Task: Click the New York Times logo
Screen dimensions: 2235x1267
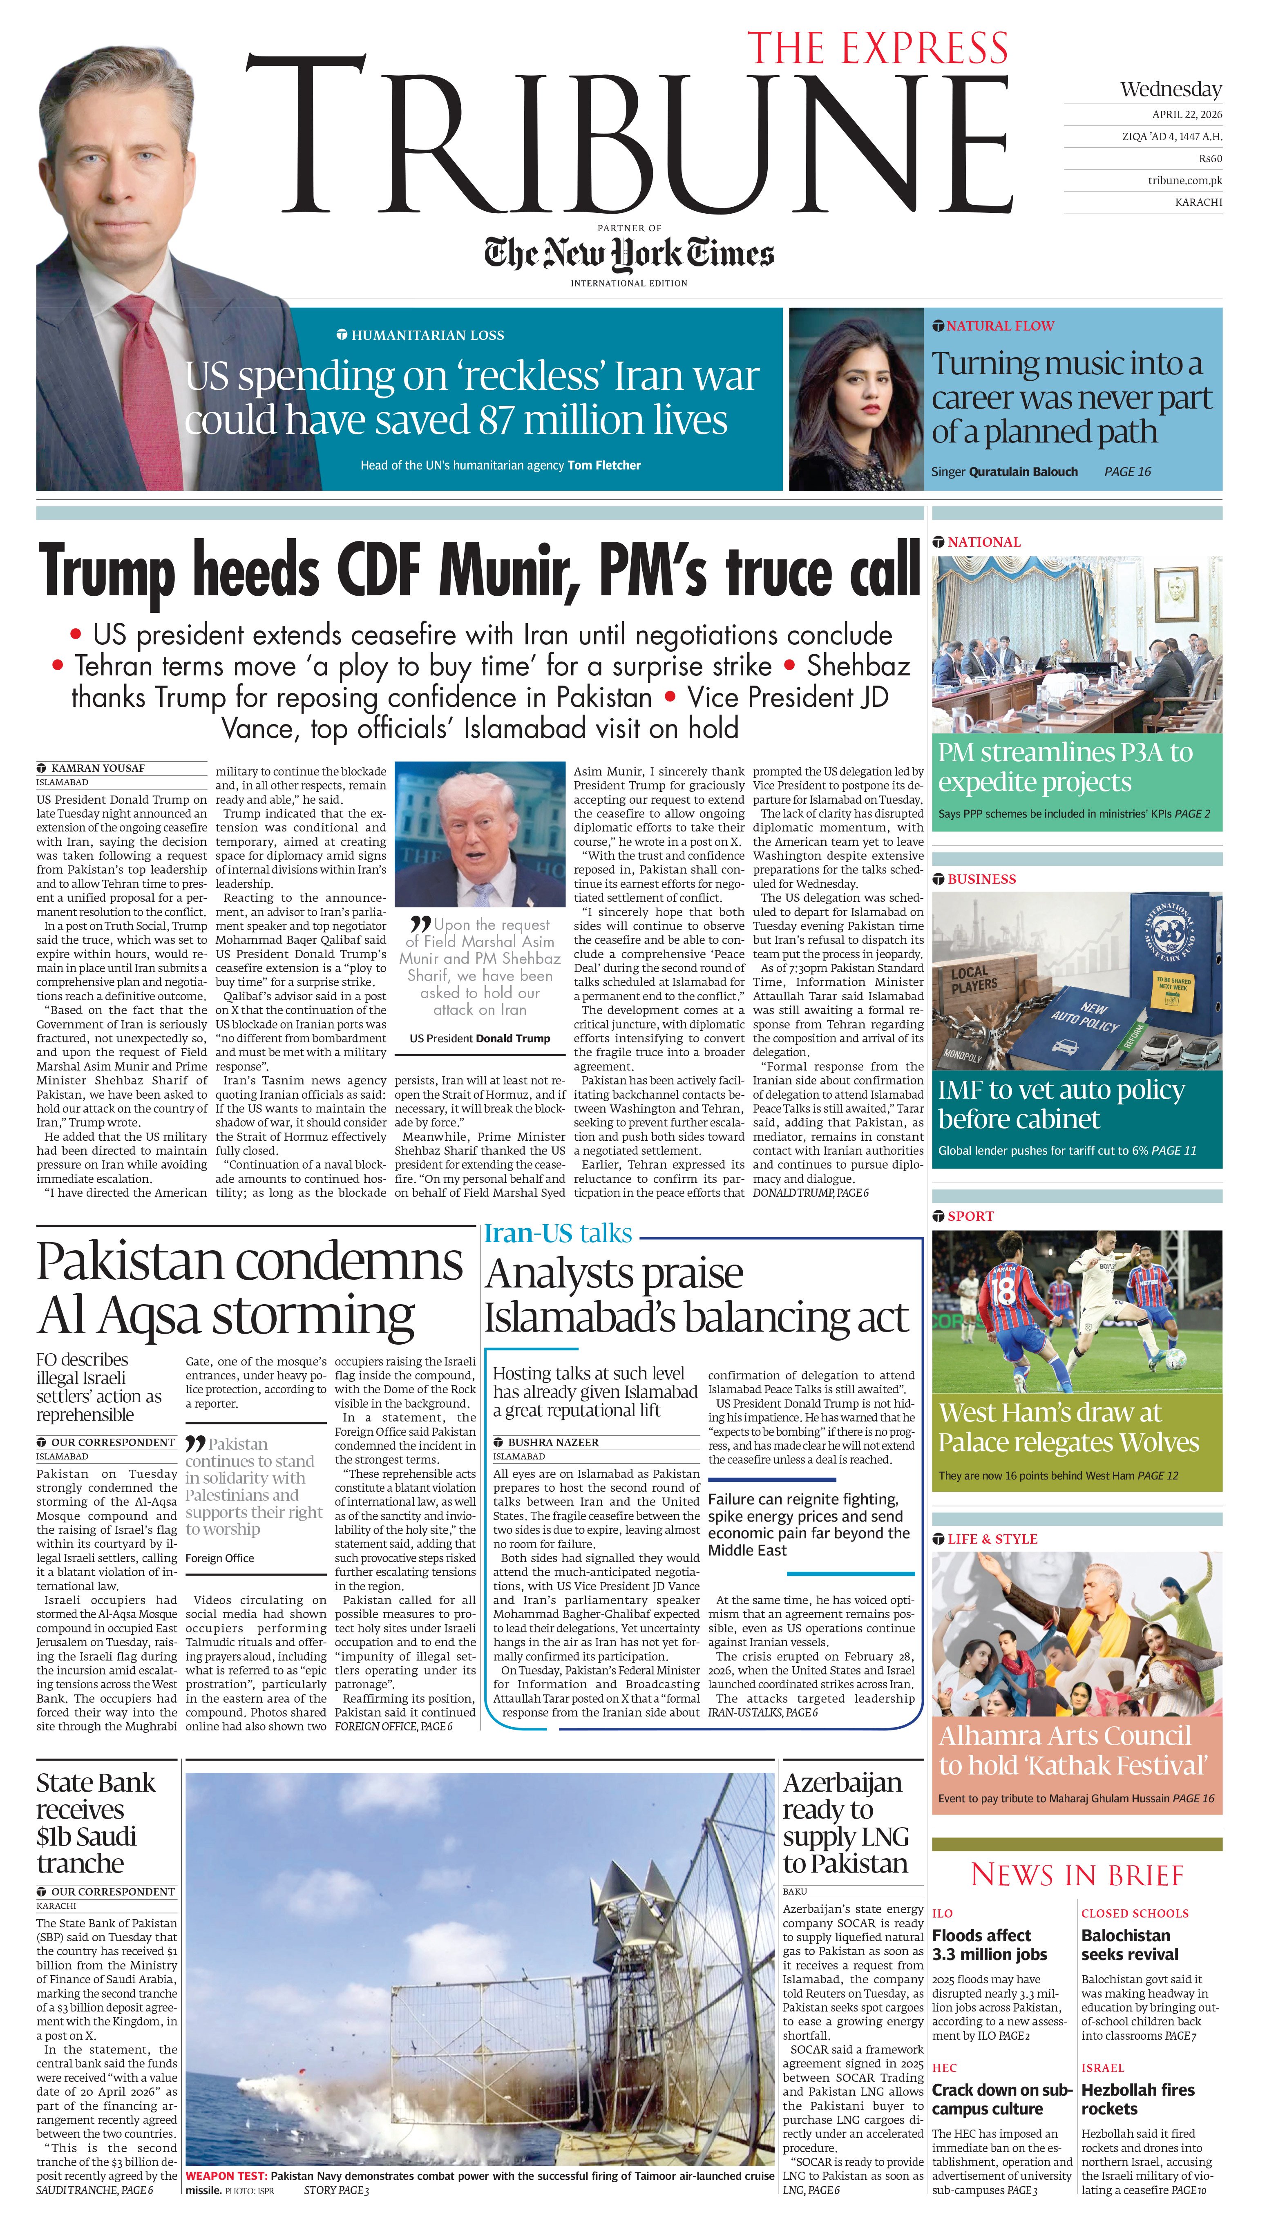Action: pyautogui.click(x=628, y=253)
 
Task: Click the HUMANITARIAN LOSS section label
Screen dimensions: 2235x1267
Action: pyautogui.click(x=427, y=335)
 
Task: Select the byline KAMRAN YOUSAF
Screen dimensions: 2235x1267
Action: pyautogui.click(x=98, y=768)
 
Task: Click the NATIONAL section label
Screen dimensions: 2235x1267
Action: pyautogui.click(x=983, y=541)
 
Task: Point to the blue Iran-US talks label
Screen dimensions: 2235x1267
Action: pyautogui.click(x=558, y=1234)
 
